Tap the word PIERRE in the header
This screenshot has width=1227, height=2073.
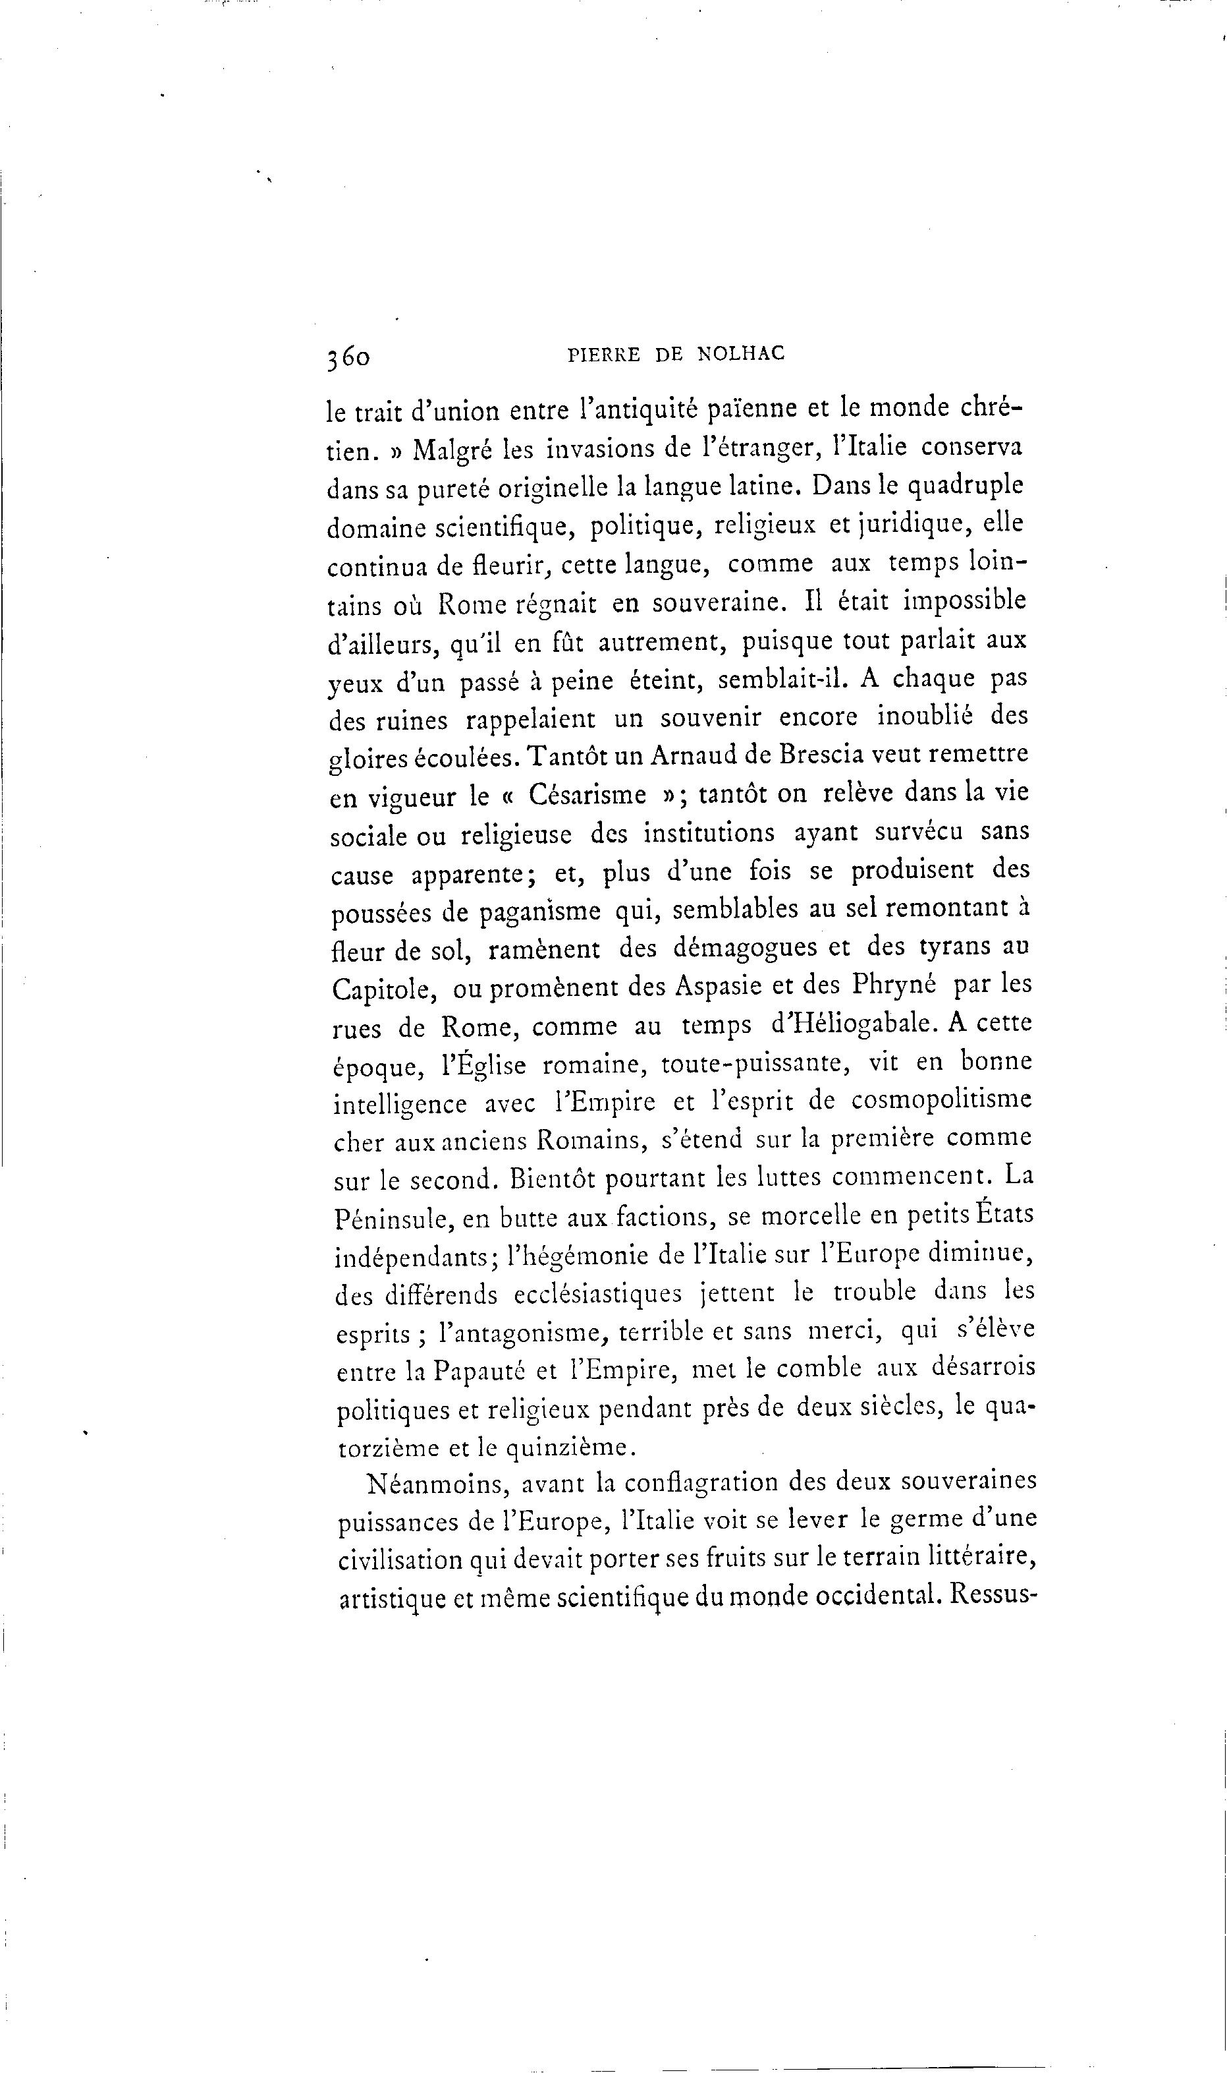pyautogui.click(x=603, y=354)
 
